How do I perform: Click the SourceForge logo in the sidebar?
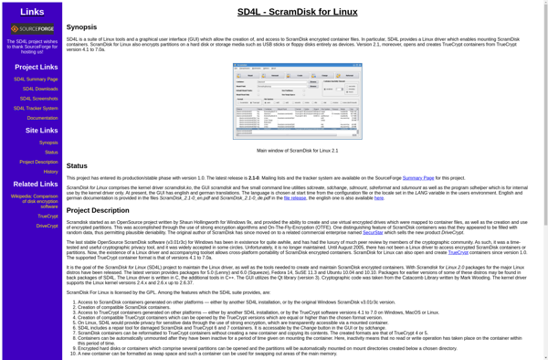coord(31,29)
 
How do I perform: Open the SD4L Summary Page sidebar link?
coord(36,79)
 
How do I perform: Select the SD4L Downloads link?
coord(40,89)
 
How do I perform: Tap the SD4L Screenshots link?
coord(39,99)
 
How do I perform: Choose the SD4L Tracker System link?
coord(36,108)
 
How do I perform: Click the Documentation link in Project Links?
coord(43,118)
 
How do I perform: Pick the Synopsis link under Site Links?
coord(48,143)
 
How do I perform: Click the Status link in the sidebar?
coord(51,153)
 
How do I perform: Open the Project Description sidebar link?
coord(38,162)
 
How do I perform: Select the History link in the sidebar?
coord(51,172)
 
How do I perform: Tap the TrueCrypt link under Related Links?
coord(47,217)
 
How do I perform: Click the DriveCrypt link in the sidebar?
coord(47,226)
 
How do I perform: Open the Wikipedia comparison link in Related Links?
coord(34,201)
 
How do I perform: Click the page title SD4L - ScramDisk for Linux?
coord(297,11)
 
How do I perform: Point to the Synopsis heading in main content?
coord(81,27)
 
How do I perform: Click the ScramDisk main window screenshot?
coord(297,101)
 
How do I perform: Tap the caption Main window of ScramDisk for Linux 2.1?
coord(297,151)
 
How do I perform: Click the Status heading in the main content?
coord(77,165)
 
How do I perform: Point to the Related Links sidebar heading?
coord(36,185)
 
